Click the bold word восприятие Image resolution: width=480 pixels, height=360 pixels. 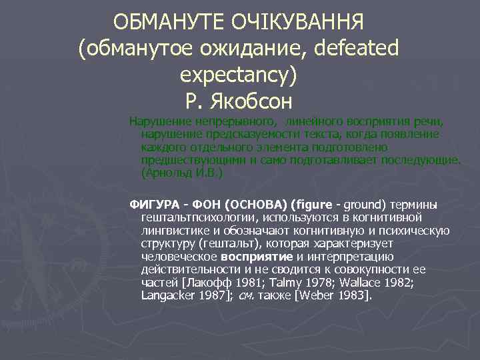click(257, 256)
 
